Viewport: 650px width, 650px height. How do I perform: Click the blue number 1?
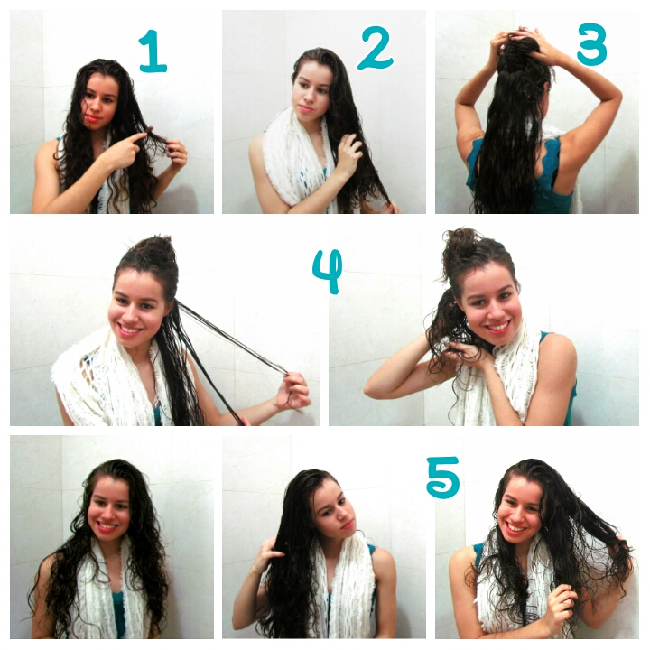coord(153,51)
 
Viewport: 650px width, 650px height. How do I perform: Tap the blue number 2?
coord(375,49)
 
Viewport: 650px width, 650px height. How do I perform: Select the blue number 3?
coord(591,45)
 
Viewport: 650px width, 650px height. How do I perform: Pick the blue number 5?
coord(442,477)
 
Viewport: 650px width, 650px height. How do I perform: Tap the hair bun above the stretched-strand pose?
coord(155,251)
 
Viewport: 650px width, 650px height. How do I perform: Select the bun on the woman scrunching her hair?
coord(462,246)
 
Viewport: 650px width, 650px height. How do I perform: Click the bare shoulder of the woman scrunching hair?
coord(555,357)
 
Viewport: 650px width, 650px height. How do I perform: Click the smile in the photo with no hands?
coord(106,525)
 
